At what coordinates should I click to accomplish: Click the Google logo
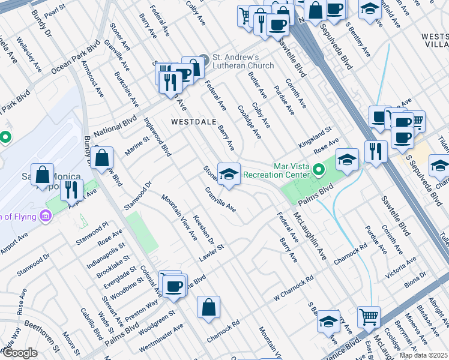pos(19,353)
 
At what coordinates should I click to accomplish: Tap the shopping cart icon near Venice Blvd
pos(369,316)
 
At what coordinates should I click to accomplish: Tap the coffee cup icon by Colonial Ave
pos(174,286)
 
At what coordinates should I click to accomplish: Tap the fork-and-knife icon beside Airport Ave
pos(71,190)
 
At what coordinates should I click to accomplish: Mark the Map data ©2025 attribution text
pos(423,355)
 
